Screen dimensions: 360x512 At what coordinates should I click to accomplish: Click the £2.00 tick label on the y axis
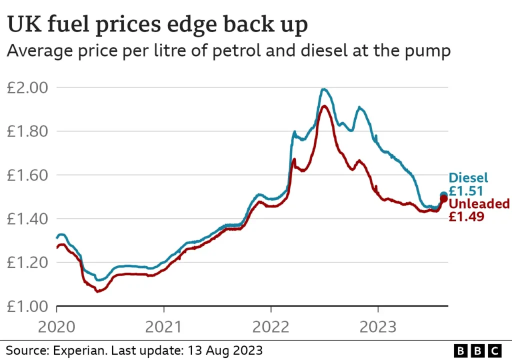[27, 88]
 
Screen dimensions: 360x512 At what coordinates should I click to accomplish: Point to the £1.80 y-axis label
[27, 131]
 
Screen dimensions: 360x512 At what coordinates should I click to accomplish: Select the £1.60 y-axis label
[27, 175]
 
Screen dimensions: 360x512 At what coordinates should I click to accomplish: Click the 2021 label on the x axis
[163, 327]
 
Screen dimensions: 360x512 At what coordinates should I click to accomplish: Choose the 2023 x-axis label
[378, 327]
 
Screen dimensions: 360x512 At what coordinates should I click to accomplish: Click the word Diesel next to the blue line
[468, 177]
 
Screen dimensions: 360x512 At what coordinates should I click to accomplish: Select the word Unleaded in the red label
[479, 204]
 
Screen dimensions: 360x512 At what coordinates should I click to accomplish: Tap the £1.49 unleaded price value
[466, 216]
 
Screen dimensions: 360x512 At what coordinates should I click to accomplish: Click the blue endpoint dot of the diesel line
[443, 195]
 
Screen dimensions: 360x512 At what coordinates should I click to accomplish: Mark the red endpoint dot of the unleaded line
[443, 199]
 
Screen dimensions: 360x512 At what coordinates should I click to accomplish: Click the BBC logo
[477, 349]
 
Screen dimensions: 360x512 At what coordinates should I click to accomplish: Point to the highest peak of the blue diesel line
[324, 89]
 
